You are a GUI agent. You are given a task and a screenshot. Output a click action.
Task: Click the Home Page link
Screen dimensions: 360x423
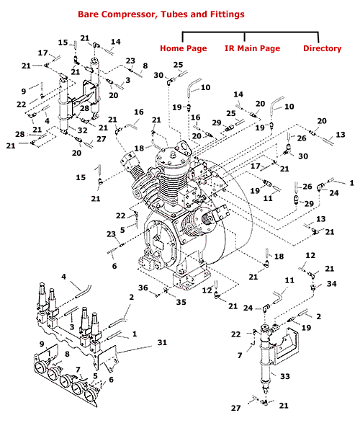183,48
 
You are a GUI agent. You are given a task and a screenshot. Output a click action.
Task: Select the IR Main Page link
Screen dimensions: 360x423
252,48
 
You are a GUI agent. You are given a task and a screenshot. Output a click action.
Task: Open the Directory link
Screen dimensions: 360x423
323,48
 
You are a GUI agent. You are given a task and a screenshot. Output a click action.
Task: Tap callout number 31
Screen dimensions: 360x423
162,342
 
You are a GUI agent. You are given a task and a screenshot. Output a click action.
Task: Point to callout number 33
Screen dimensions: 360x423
285,376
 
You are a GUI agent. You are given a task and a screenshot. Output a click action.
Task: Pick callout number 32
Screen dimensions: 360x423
83,130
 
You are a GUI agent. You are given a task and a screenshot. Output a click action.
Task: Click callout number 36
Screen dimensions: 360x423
143,288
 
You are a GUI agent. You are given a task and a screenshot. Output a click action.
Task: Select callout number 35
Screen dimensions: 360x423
181,302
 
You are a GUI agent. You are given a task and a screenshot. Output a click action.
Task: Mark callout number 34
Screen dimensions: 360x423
332,284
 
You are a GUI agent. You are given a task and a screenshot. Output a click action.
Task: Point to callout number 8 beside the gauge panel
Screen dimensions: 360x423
67,355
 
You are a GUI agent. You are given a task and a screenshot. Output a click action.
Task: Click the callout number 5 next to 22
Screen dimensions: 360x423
122,230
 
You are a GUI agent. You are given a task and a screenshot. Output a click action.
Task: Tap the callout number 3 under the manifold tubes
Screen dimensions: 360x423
72,327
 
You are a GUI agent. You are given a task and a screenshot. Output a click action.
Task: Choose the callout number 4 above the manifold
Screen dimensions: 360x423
63,277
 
